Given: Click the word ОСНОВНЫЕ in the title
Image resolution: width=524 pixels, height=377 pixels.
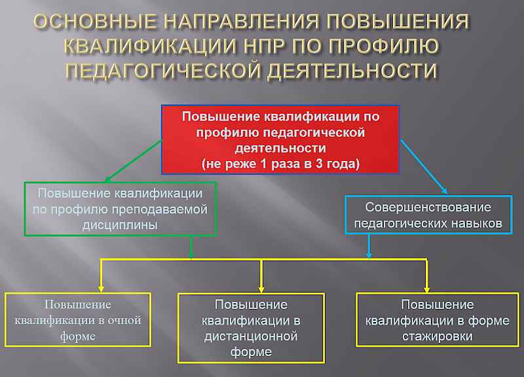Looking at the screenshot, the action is point(95,22).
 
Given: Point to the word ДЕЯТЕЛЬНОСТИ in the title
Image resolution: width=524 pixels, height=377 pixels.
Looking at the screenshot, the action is point(352,71).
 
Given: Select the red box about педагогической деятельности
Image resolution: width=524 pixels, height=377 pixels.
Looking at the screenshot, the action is point(280,139).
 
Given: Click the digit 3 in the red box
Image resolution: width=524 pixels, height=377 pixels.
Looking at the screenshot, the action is point(320,164).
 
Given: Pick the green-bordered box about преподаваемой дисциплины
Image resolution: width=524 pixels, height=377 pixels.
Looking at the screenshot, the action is point(121,209).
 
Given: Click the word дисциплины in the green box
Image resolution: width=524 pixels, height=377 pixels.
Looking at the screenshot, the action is point(120,225).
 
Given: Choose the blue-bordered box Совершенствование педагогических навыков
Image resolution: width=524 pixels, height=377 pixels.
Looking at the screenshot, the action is point(428,215).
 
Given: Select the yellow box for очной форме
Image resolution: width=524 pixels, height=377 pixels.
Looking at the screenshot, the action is point(78,319).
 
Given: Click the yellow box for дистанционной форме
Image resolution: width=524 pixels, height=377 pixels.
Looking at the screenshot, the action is point(251,328).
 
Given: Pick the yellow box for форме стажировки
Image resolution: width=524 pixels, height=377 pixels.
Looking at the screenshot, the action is point(438,319).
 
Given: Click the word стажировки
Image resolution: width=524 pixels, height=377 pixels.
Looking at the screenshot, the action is point(438,336).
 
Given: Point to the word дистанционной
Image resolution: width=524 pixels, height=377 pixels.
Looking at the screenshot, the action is point(251,336).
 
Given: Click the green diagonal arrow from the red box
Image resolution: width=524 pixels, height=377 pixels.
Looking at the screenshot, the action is point(134,161).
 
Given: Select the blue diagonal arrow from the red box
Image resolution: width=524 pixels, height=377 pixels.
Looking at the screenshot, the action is point(424,167).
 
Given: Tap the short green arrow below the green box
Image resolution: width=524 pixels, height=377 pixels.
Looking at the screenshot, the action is point(191,247).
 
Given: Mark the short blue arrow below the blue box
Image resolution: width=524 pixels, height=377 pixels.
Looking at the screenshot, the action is point(369,247).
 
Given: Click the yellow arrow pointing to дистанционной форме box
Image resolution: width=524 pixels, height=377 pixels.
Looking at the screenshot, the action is point(261,276).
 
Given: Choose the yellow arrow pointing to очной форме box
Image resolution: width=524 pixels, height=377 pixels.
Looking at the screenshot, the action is point(102,276).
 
